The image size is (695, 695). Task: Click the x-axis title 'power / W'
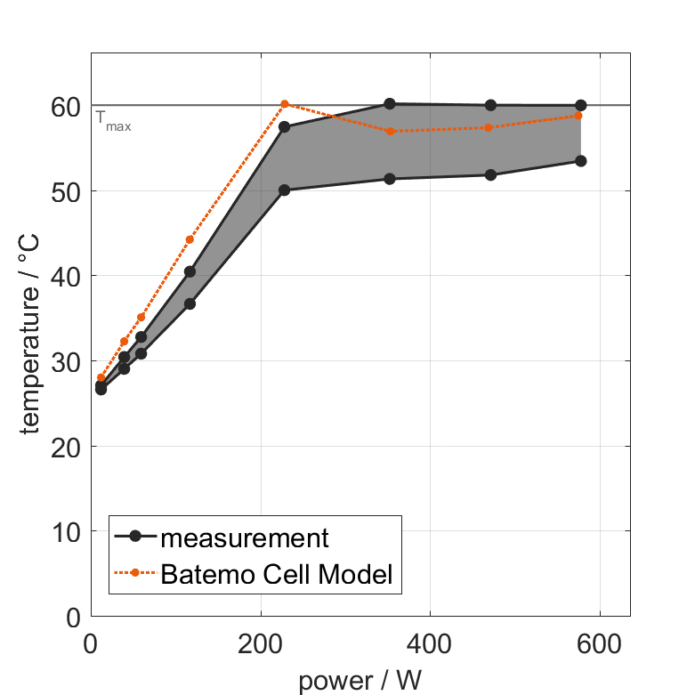coord(360,681)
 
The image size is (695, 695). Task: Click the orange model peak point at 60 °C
coord(285,104)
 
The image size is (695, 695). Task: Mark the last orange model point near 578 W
coord(579,116)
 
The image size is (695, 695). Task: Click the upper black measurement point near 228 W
coord(284,126)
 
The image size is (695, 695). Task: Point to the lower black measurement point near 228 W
coord(284,190)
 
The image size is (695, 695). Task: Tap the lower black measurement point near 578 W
coord(580,161)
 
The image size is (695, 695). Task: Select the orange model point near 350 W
coord(390,131)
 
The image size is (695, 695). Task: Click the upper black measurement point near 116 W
coord(190,271)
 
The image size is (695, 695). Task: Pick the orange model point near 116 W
coord(190,239)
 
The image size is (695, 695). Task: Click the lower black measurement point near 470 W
coord(490,174)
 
